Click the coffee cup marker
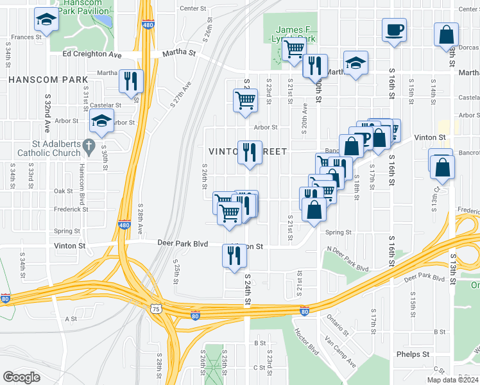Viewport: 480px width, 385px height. [395, 29]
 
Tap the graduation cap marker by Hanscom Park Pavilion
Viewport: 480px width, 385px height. [46, 21]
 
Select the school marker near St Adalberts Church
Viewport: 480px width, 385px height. [101, 120]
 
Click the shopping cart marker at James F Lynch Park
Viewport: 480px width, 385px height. [294, 48]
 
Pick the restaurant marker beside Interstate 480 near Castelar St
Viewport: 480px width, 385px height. [131, 81]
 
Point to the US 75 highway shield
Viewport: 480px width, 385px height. [157, 309]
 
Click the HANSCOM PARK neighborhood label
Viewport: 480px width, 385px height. [48, 80]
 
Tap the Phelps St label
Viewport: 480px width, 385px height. [413, 354]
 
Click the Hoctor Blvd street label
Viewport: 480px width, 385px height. [307, 343]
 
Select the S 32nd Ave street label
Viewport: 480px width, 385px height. [47, 110]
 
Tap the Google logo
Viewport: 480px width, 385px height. [21, 377]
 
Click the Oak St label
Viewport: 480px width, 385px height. [63, 191]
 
